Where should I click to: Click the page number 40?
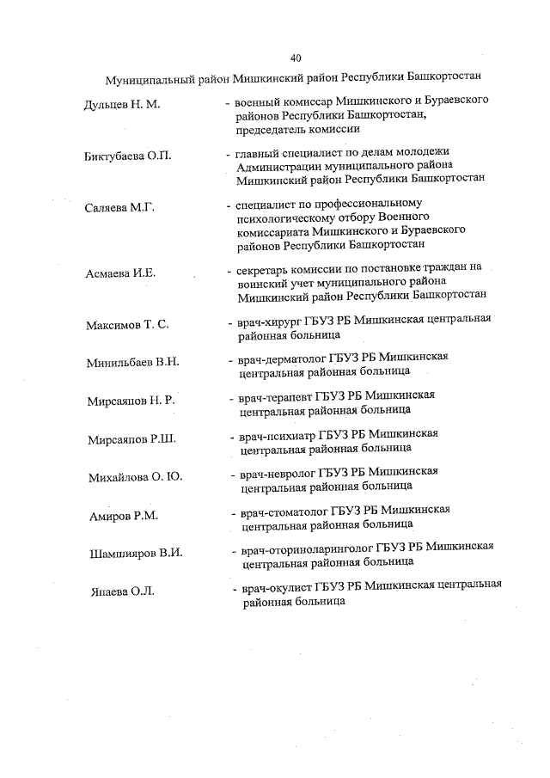[296, 58]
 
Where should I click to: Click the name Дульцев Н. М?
[122, 106]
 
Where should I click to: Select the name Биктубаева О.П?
[129, 156]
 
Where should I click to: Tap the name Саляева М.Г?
[119, 208]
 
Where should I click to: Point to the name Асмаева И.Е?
[120, 274]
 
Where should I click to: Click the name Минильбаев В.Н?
[132, 363]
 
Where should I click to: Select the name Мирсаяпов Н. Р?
[131, 401]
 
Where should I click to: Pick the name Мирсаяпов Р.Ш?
[131, 440]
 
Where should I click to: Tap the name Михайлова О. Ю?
[136, 477]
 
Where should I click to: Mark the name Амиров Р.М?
[119, 517]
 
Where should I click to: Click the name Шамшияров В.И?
[137, 554]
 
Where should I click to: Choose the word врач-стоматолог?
[281, 510]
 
